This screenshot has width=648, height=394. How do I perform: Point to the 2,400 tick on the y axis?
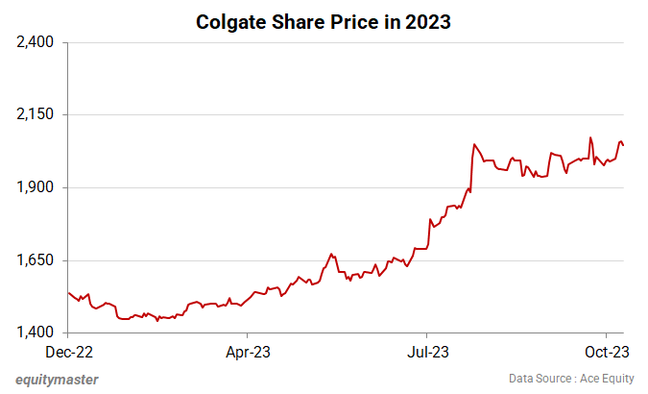coord(34,42)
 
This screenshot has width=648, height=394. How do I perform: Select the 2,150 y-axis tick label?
coord(34,114)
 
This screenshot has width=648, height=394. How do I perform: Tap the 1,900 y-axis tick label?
coord(34,187)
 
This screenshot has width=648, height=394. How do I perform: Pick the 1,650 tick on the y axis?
coord(34,260)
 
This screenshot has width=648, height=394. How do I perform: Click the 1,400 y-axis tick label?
coord(34,333)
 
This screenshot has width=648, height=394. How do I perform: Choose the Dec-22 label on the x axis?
coord(69,352)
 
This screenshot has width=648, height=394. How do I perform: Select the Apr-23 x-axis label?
coord(249,352)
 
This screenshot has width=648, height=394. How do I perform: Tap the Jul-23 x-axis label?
coord(428,352)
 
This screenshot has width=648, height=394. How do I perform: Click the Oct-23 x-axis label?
coord(607,352)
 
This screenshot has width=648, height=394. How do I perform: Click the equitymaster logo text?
coord(57,379)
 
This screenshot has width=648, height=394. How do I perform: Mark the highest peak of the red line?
coord(590,137)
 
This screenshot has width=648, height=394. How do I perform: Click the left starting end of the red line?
coord(69,292)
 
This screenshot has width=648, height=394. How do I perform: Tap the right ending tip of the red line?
coord(624,145)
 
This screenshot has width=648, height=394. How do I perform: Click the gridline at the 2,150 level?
coord(288,114)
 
